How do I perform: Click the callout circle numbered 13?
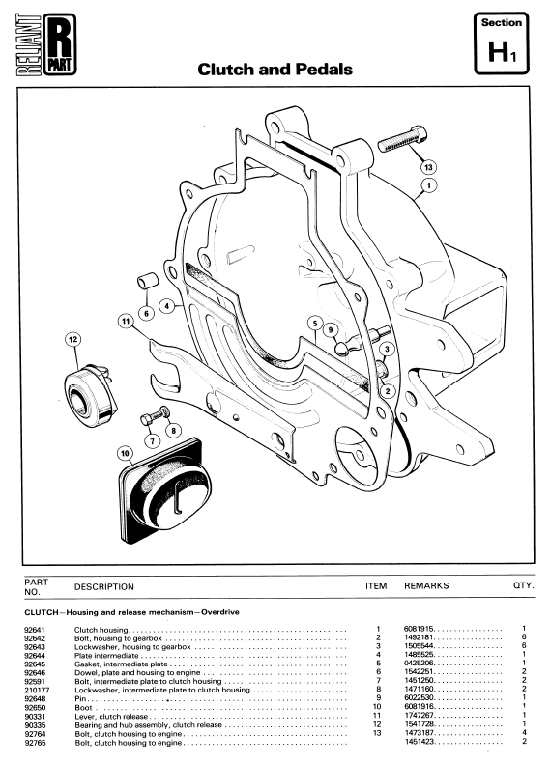pyautogui.click(x=428, y=167)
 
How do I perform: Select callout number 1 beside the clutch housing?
pyautogui.click(x=429, y=185)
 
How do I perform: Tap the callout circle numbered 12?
pyautogui.click(x=73, y=339)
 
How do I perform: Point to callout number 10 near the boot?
pyautogui.click(x=126, y=454)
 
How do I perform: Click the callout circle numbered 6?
pyautogui.click(x=146, y=313)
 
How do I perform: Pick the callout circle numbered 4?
pyautogui.click(x=167, y=306)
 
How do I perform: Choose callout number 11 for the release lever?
pyautogui.click(x=127, y=322)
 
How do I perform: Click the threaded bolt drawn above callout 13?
pyautogui.click(x=403, y=138)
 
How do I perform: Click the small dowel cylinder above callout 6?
pyautogui.click(x=147, y=281)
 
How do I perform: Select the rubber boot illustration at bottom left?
pyautogui.click(x=165, y=491)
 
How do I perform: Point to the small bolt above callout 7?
pyautogui.click(x=155, y=417)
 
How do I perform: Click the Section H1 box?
pyautogui.click(x=502, y=43)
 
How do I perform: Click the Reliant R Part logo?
pyautogui.click(x=46, y=44)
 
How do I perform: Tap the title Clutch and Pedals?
pyautogui.click(x=275, y=70)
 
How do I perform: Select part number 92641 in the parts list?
pyautogui.click(x=34, y=629)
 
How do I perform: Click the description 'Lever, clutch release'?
pyautogui.click(x=111, y=717)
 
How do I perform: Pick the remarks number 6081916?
pyautogui.click(x=419, y=707)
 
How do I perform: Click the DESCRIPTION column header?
pyautogui.click(x=104, y=587)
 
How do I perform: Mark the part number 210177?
pyautogui.click(x=37, y=690)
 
